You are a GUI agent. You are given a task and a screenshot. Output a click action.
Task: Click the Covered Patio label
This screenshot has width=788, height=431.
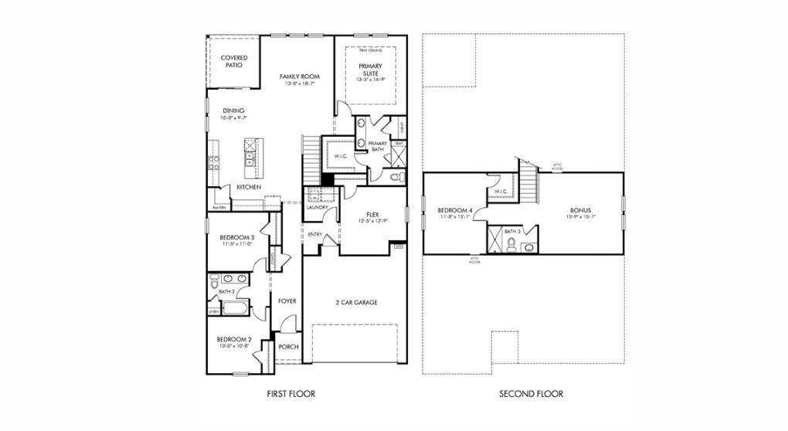coord(234,61)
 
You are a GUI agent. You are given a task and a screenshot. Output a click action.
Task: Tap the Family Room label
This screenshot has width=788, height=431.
coord(300,76)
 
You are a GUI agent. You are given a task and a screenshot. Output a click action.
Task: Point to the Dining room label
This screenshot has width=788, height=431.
coord(234,110)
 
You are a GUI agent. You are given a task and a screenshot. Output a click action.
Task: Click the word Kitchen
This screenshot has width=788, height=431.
coord(248,188)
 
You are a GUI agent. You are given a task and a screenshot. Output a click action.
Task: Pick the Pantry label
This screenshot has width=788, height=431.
coord(219,208)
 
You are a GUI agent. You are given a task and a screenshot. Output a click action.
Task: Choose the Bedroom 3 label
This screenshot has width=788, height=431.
coord(234,238)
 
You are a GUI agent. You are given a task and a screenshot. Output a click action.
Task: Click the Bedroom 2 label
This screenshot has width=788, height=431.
coord(234,339)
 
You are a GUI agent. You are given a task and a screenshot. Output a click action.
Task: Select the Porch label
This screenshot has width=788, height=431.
coord(288,347)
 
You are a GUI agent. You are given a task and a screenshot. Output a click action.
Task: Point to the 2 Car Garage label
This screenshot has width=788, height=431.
coord(356,302)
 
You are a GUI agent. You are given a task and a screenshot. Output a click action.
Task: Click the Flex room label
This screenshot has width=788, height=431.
coord(372,215)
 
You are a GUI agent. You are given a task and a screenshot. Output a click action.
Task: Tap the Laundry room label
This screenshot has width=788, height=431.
coord(317,207)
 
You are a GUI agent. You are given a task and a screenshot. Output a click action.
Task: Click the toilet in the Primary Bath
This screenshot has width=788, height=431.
coord(396,178)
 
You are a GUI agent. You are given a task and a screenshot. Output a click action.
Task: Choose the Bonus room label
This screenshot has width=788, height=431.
coord(580,210)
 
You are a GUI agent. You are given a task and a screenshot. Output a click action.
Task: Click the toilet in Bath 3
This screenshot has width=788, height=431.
coord(511,245)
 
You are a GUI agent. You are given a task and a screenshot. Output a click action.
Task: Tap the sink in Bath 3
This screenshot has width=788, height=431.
coord(528,248)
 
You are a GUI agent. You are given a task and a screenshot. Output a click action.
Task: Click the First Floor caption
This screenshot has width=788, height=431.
coord(290,394)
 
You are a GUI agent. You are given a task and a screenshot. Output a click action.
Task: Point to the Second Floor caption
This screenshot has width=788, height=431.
coord(531,394)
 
